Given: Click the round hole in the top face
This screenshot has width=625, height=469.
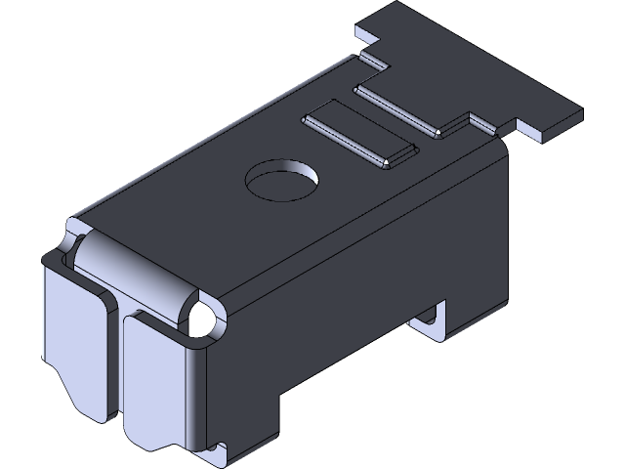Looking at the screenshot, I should [x=281, y=182].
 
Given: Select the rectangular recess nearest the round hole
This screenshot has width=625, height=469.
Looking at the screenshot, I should [x=360, y=136].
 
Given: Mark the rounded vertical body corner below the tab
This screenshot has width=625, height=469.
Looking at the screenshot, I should [x=502, y=195].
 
